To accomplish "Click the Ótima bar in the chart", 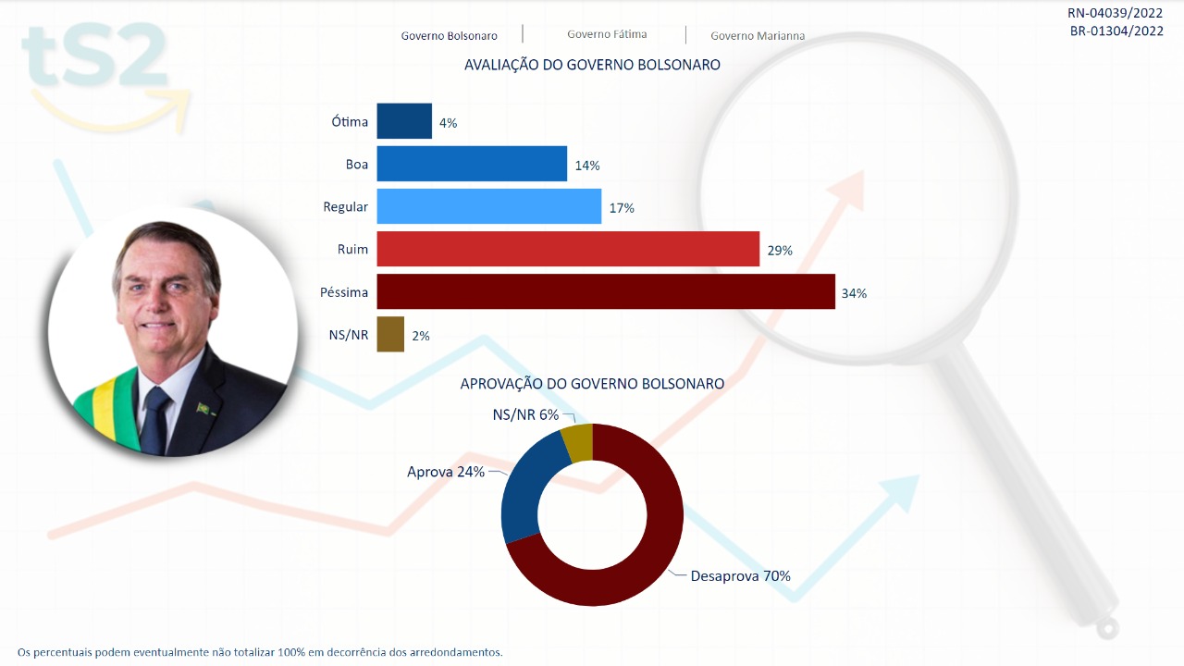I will click(x=404, y=121).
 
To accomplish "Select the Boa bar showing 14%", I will click(x=472, y=164).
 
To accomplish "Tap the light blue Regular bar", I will click(x=489, y=206).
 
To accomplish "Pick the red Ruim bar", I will click(x=568, y=249).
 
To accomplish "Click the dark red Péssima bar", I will click(x=606, y=291).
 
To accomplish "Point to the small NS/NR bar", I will click(x=390, y=334).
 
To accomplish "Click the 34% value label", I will click(x=854, y=293).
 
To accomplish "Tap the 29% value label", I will click(x=780, y=251).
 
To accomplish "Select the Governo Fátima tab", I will click(x=607, y=34).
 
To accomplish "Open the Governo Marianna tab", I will click(x=758, y=36).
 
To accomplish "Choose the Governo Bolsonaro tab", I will click(x=449, y=36).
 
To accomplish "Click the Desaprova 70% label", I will click(x=740, y=576).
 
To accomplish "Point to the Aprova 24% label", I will click(x=446, y=472).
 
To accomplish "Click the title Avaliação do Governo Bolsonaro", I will click(x=592, y=66).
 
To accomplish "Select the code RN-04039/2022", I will click(x=1115, y=13).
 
